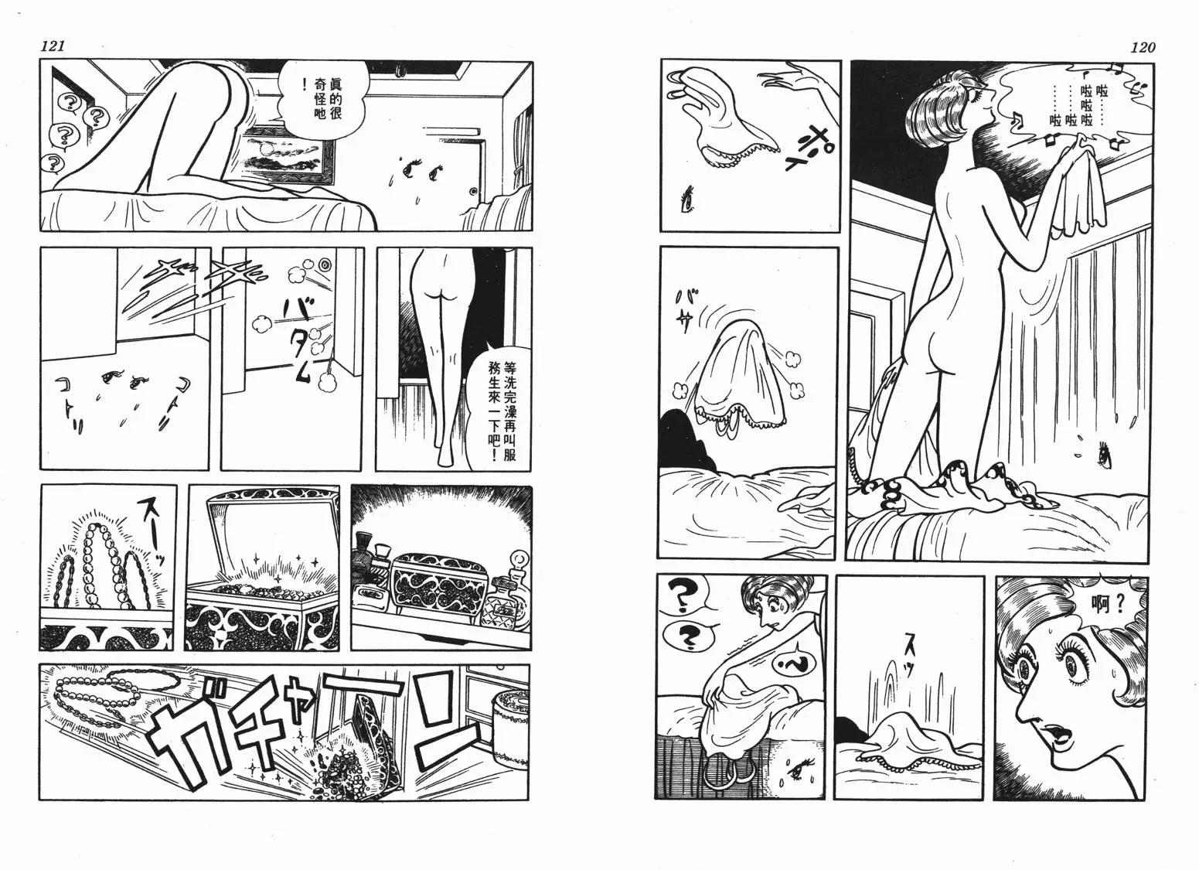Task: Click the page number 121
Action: [x=53, y=46]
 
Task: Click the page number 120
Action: [x=1143, y=48]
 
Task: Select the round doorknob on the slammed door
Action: [x=325, y=265]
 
